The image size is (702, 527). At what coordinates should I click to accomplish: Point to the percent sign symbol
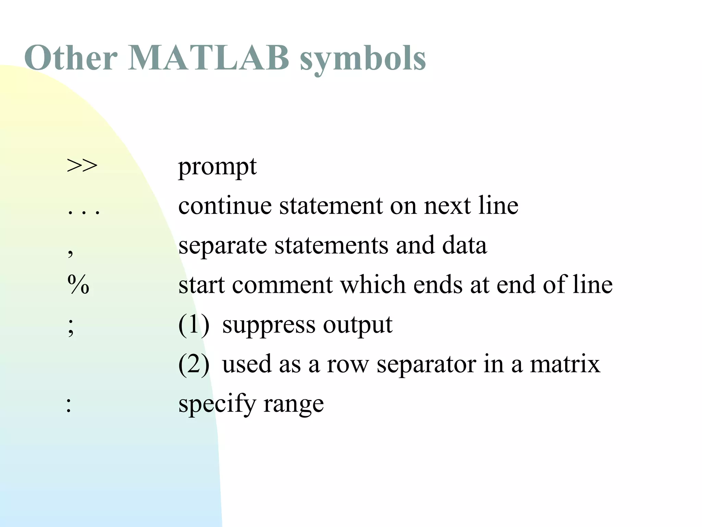[x=78, y=284]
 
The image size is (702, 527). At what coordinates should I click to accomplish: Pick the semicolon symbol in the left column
[x=71, y=326]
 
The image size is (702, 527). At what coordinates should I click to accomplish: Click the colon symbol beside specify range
[x=69, y=405]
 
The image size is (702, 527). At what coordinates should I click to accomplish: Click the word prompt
[x=217, y=167]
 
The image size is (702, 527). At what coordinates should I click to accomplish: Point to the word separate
[x=222, y=246]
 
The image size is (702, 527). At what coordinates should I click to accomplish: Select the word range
[x=293, y=404]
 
